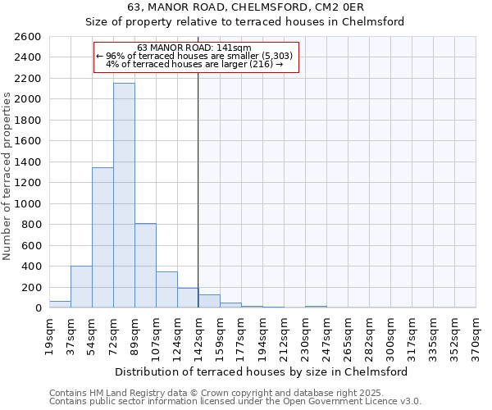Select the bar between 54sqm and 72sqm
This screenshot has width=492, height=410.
click(102, 238)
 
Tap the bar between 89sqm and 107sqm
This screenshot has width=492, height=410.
click(145, 265)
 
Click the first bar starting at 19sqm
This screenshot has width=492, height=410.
click(60, 304)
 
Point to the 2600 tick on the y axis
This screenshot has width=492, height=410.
click(28, 37)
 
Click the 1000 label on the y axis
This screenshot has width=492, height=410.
click(28, 203)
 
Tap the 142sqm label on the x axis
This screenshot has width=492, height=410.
click(198, 335)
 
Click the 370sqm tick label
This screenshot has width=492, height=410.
click(476, 335)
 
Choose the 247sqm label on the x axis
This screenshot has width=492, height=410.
click(326, 335)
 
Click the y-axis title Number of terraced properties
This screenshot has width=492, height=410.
click(7, 176)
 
